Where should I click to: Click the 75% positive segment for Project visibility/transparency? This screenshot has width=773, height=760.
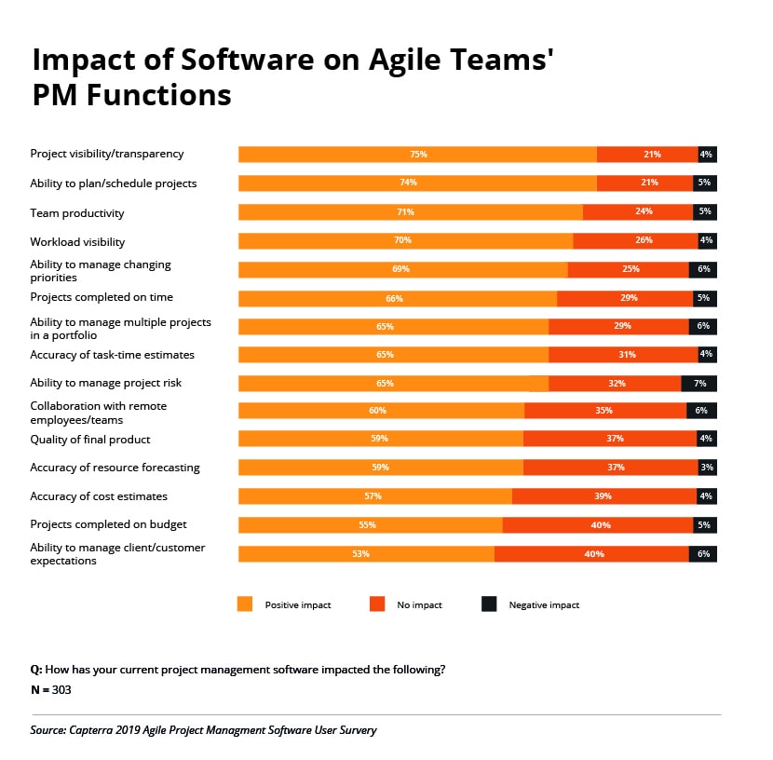pos(417,155)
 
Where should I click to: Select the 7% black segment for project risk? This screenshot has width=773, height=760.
pos(698,383)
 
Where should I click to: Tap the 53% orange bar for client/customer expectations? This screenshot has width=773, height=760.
pos(366,553)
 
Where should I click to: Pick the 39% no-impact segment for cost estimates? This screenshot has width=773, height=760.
pos(603,496)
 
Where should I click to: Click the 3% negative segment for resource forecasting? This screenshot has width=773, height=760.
pos(707,468)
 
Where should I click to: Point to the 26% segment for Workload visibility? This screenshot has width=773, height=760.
pos(635,240)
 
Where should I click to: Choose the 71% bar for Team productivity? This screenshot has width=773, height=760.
pos(410,211)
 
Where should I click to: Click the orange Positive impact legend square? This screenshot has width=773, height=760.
pos(246,604)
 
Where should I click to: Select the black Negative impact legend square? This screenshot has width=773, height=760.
pos(489,604)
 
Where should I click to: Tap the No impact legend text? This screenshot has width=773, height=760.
pos(419,605)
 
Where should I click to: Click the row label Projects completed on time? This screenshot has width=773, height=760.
pos(102,297)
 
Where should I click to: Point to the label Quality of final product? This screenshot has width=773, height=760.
pos(90,440)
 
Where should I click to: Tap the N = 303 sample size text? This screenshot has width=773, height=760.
pos(51,690)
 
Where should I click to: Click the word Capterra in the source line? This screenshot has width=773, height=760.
pos(102,730)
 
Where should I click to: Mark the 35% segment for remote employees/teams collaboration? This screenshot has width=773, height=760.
pos(605,411)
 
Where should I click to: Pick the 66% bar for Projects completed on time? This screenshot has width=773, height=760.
pos(397,298)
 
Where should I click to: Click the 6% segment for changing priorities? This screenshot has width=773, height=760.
pos(702,269)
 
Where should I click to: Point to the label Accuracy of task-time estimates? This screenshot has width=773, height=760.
pos(112,355)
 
